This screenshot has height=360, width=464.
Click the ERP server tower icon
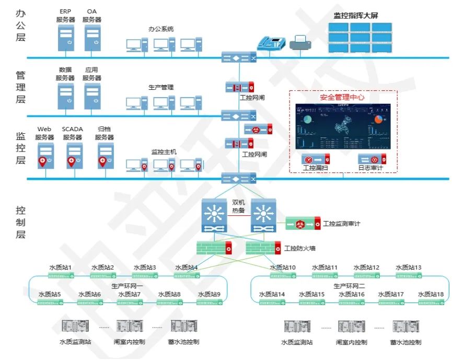pyautogui.click(x=66, y=38)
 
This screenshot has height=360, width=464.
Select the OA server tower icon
pyautogui.click(x=92, y=38)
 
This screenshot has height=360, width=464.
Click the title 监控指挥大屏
pyautogui.click(x=355, y=15)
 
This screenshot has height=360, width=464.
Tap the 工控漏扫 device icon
pyautogui.click(x=317, y=159)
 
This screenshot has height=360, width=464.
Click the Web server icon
pyautogui.click(x=44, y=156)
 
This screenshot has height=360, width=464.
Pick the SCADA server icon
pyautogui.click(x=73, y=156)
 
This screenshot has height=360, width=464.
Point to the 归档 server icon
pyautogui.click(x=105, y=156)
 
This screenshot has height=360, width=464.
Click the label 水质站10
pyautogui.click(x=283, y=268)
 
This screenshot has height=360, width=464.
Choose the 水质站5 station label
pyautogui.click(x=49, y=294)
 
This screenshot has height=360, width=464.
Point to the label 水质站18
pyautogui.click(x=431, y=294)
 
